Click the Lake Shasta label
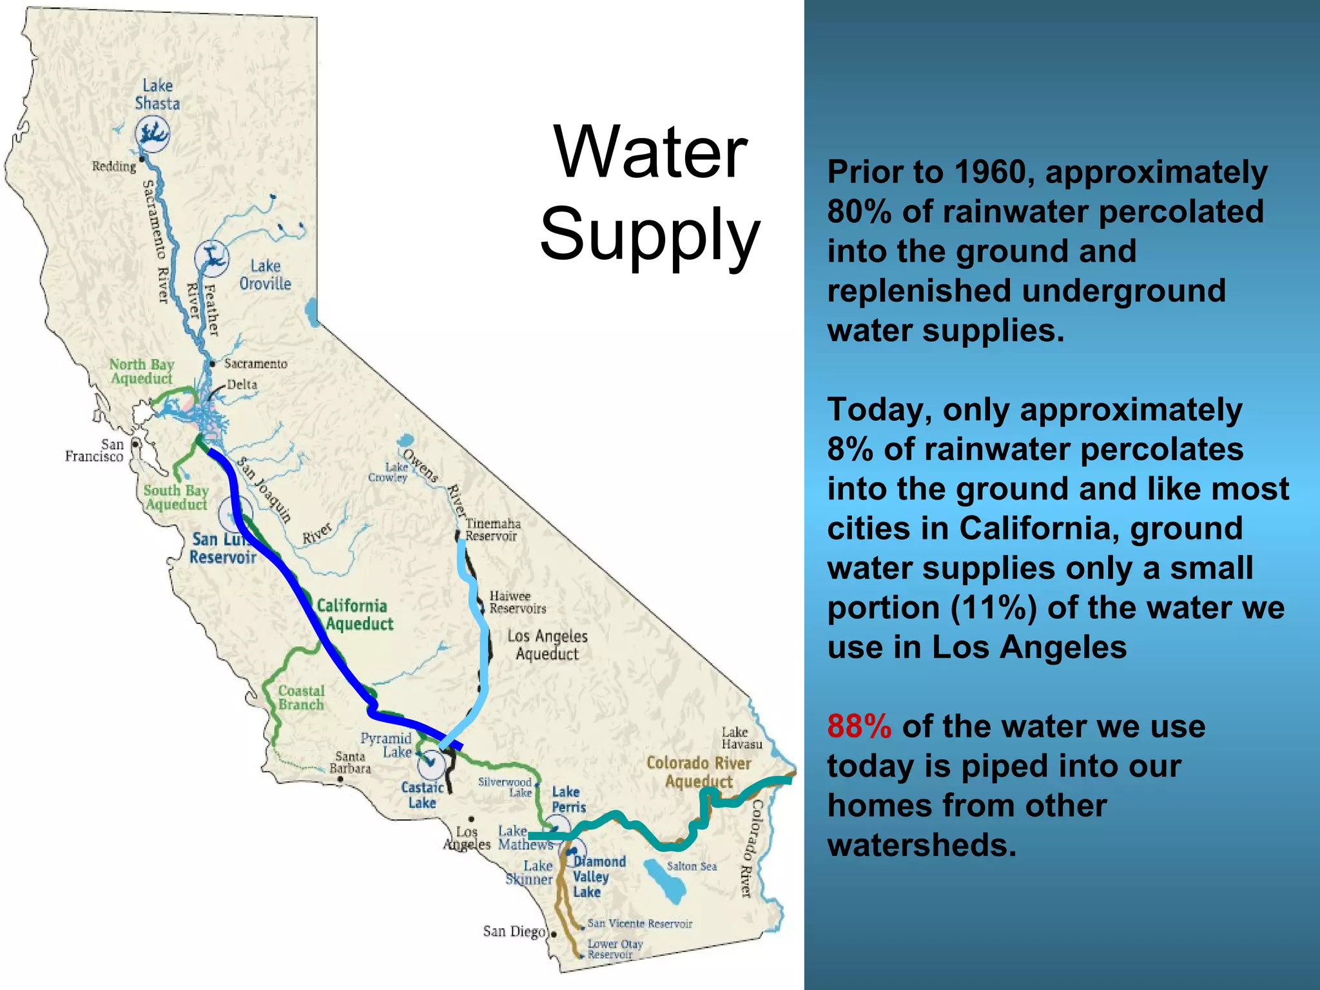(x=157, y=95)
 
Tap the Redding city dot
(x=142, y=159)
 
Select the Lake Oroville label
(x=265, y=275)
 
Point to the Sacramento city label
(x=255, y=364)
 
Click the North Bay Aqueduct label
(x=142, y=372)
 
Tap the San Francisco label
(x=95, y=451)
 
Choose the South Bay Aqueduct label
(x=176, y=498)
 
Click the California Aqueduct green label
(x=355, y=615)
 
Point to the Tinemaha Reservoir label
(x=492, y=530)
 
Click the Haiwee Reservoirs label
(x=517, y=603)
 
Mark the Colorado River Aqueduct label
(x=699, y=772)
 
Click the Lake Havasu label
(x=741, y=738)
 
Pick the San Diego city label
(x=514, y=931)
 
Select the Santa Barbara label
(x=350, y=762)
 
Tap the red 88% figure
(x=859, y=726)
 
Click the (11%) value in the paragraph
(x=993, y=608)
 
